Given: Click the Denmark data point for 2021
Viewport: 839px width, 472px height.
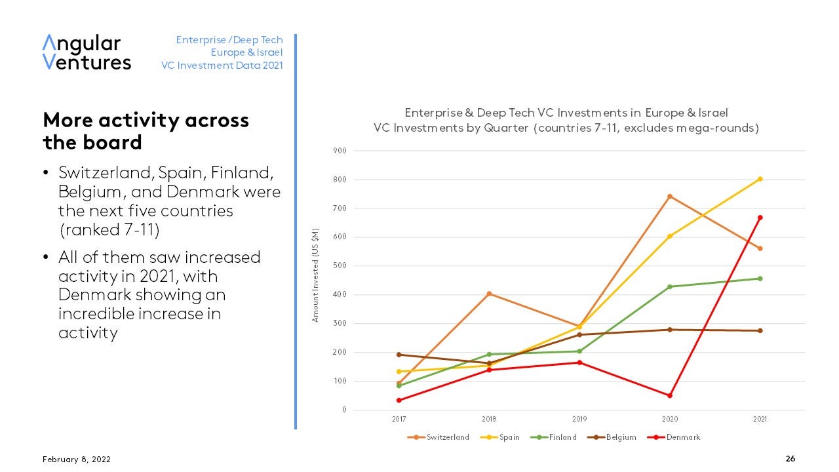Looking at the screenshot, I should click(x=760, y=218).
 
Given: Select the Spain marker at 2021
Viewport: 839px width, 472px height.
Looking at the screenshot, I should click(x=760, y=179).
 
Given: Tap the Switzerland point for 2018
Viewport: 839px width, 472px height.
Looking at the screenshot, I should click(x=489, y=294).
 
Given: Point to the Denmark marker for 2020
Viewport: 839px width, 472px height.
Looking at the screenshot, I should click(x=670, y=395).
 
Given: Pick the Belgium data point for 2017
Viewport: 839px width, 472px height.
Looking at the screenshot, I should click(x=399, y=355).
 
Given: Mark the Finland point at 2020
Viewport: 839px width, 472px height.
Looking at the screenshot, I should click(x=670, y=286).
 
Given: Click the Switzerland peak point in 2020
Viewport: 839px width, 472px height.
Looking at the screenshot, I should click(x=670, y=196).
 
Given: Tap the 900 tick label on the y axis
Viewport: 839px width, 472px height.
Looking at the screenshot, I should click(x=340, y=151).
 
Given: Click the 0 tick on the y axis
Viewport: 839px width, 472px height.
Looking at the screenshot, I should click(x=343, y=410).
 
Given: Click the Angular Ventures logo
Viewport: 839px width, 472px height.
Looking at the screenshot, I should click(x=87, y=52).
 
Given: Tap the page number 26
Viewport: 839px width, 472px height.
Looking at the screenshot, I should click(x=790, y=459).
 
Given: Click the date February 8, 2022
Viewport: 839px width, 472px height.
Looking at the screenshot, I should click(x=72, y=460).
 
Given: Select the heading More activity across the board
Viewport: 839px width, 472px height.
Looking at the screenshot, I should click(x=146, y=131).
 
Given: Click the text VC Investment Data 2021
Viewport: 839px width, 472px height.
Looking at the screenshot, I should click(x=222, y=66).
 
